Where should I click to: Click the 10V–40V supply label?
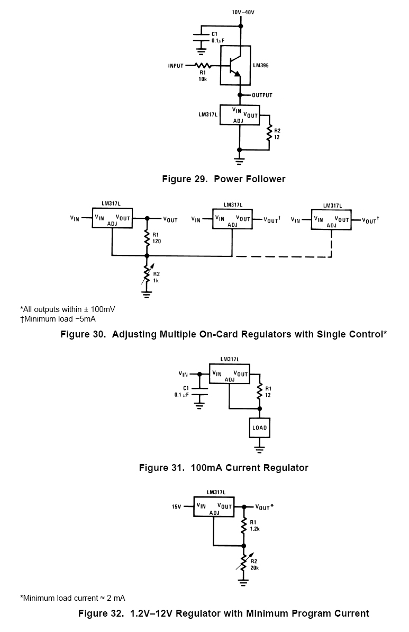point(242,11)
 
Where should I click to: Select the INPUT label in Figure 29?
point(176,66)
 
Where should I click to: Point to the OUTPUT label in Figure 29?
point(262,95)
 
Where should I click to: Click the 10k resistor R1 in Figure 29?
point(203,66)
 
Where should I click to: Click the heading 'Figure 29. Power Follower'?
point(223,179)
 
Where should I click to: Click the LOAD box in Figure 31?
point(259,428)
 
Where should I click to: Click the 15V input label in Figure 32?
point(176,507)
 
